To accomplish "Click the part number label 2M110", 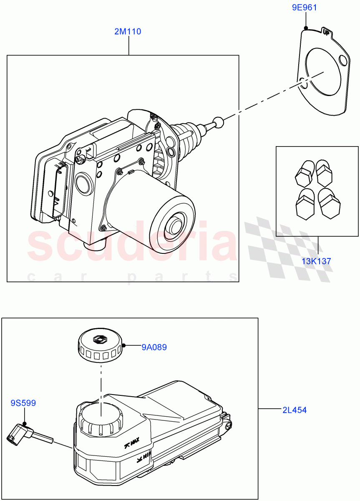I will (128, 31).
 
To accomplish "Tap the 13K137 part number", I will (316, 261).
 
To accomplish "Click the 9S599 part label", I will (23, 403).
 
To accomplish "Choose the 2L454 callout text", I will (294, 410).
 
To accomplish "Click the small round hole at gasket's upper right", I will (342, 61).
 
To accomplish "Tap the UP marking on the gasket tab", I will (326, 32).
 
